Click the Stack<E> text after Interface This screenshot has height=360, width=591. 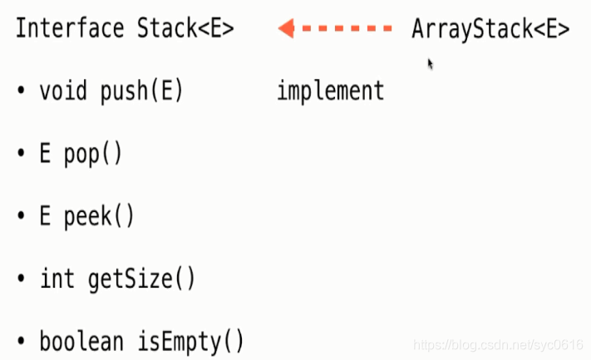[185, 29]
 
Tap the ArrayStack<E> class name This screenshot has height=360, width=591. [490, 29]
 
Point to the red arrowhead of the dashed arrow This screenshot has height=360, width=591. [287, 29]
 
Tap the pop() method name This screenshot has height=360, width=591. [93, 155]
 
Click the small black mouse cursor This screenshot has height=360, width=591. [430, 63]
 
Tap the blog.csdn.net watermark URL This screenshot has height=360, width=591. [498, 343]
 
